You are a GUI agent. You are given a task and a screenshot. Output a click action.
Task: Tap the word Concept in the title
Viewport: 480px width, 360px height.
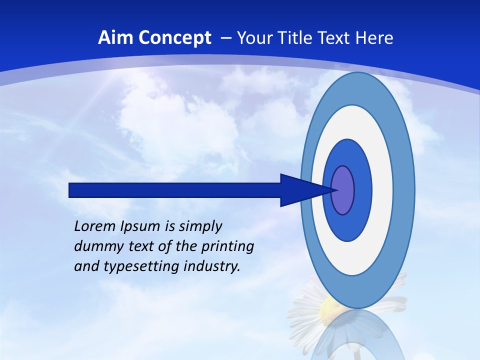click(x=175, y=38)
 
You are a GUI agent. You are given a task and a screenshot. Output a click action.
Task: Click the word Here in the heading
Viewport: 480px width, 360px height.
click(x=374, y=38)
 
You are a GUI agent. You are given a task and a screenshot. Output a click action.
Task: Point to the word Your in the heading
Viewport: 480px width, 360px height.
click(x=254, y=38)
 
